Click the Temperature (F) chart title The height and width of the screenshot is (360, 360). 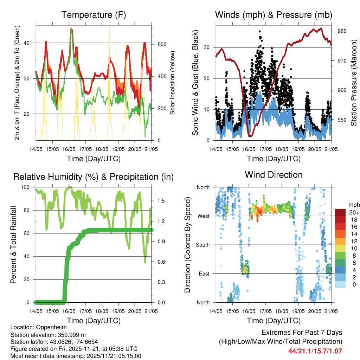[94, 15]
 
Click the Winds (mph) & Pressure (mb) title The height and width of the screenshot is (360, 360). [274, 15]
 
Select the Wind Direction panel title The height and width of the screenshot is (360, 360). [274, 174]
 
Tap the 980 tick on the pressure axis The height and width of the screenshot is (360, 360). [342, 31]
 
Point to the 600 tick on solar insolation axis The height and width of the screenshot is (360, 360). [162, 44]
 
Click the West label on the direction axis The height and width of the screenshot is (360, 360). [204, 216]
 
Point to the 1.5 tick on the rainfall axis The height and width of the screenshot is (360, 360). [161, 201]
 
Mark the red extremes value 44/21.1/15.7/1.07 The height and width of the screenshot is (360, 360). [315, 351]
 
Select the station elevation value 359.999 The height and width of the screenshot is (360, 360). [69, 335]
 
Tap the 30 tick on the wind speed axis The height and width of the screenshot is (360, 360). [207, 47]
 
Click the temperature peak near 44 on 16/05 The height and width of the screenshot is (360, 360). [71, 29]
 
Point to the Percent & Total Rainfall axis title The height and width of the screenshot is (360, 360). [13, 245]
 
